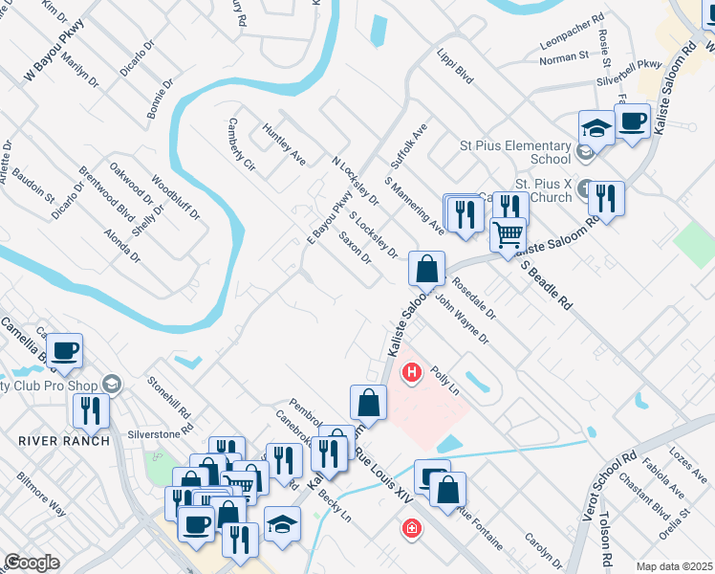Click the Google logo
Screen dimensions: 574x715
click(x=32, y=563)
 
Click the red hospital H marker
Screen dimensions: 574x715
click(x=412, y=372)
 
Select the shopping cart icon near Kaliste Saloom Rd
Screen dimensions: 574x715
click(x=508, y=233)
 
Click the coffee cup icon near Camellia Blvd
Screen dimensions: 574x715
click(x=64, y=350)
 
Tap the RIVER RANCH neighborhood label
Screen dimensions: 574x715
click(x=52, y=440)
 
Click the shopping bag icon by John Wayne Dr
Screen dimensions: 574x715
click(x=426, y=268)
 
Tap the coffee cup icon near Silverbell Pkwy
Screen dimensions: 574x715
click(x=632, y=121)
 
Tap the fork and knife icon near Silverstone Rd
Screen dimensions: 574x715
click(x=91, y=410)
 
